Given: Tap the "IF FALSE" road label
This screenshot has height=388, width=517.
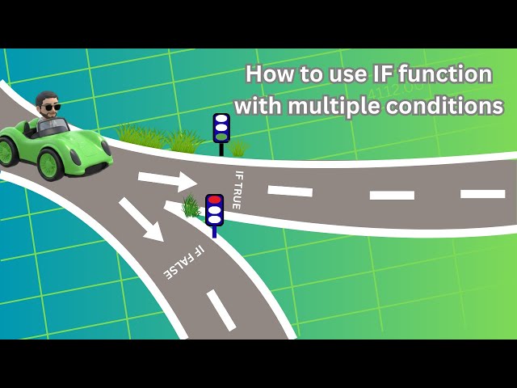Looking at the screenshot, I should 184,263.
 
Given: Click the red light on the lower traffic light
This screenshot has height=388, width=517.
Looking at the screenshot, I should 214,200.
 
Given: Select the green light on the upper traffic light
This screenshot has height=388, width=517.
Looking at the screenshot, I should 221,137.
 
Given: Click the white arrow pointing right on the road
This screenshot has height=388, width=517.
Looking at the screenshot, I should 166,180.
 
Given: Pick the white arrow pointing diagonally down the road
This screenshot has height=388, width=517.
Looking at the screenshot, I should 142,219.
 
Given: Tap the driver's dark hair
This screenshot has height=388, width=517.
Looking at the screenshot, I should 46,97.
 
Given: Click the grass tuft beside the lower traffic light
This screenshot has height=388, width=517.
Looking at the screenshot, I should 191,207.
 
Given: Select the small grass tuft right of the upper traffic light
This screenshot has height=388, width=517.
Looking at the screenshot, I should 239,148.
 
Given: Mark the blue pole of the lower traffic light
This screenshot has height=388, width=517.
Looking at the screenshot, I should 214,231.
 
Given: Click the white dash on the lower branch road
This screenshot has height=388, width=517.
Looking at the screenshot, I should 221,310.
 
